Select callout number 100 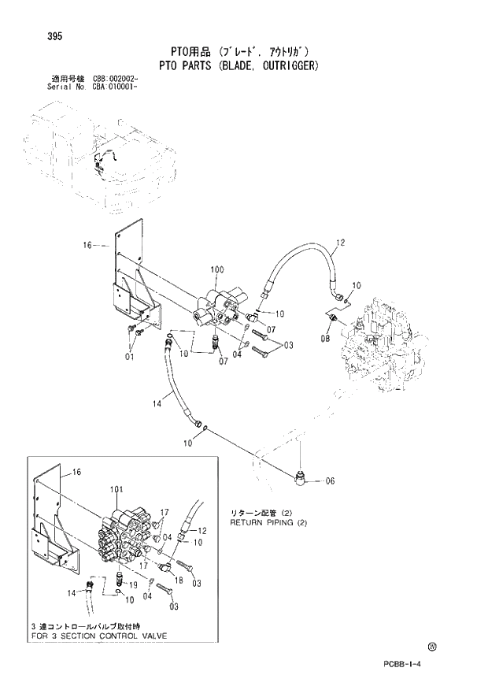(x=218, y=271)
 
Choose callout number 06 (x=329, y=481)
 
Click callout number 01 (x=129, y=357)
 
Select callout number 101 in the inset (x=116, y=490)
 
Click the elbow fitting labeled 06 (x=302, y=476)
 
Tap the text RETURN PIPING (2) (x=267, y=522)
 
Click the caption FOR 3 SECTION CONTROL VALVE (x=97, y=635)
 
